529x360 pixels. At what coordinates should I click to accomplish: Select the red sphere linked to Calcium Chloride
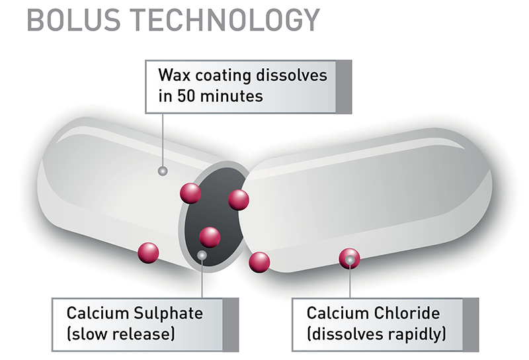[349, 259]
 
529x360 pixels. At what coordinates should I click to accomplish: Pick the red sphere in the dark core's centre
[210, 237]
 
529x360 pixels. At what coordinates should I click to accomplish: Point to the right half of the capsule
[370, 199]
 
